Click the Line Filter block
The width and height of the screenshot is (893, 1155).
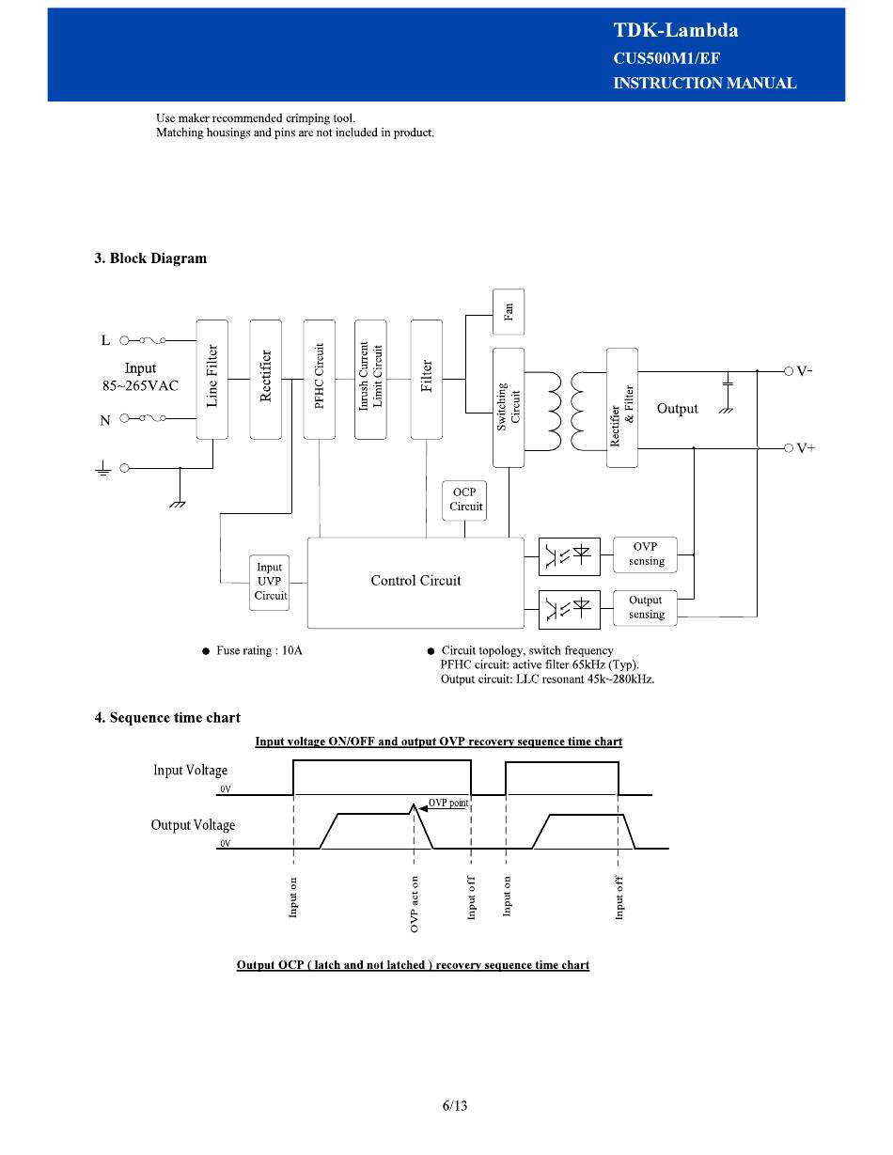coord(212,380)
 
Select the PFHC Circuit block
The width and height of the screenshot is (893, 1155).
coord(319,380)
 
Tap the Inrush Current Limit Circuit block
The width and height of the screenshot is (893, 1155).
coord(370,380)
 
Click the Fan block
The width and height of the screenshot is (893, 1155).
coord(509,312)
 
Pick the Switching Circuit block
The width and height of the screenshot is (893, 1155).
coord(509,408)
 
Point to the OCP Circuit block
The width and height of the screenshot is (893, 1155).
coord(464,501)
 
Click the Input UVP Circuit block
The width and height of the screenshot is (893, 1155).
coord(270,583)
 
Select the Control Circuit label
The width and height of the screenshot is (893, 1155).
coord(415,581)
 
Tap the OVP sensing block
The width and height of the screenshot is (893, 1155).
coord(645,554)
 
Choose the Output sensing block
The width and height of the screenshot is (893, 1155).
coord(645,608)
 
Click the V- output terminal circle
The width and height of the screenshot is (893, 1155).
coord(789,371)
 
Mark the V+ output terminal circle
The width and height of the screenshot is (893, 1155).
coord(789,448)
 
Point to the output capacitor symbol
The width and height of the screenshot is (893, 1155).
coord(728,382)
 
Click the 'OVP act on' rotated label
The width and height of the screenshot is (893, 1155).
coord(415,904)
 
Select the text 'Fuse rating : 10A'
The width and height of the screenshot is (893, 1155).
coord(259,650)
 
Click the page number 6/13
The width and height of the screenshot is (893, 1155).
coord(455,1106)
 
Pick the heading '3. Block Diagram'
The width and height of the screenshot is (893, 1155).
coord(150,258)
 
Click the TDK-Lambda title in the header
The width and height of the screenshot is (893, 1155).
coord(676,30)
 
